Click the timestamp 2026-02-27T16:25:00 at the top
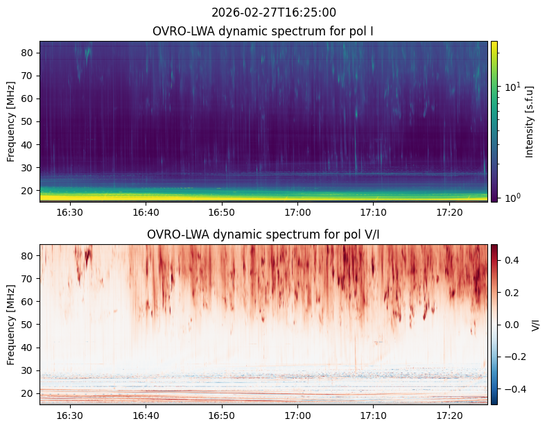[x=274, y=12]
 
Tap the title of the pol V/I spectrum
[x=263, y=234]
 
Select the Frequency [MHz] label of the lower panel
[x=11, y=325]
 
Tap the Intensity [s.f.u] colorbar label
[x=530, y=121]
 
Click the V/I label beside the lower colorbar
[x=536, y=325]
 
